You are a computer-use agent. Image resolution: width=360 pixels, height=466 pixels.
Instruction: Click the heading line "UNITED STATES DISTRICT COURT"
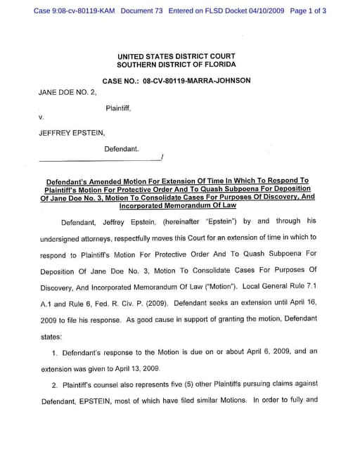176,56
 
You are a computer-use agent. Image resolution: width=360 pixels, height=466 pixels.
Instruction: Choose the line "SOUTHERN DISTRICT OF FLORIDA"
176,65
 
